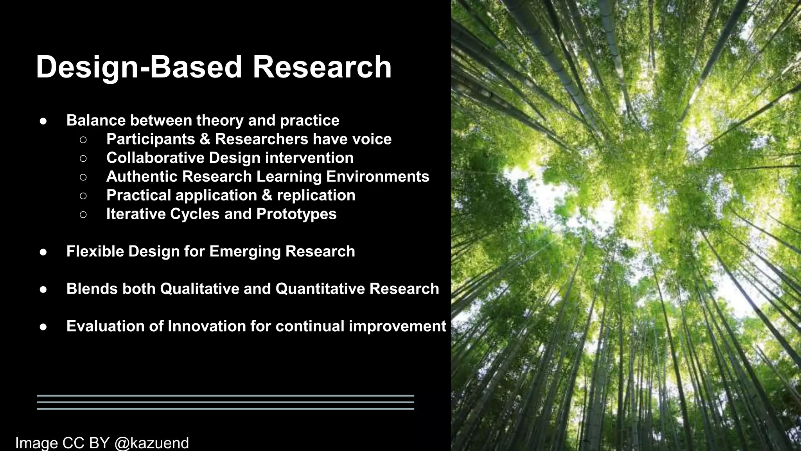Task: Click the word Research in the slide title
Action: (322, 67)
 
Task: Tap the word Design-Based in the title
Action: (139, 67)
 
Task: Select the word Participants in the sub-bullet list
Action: (151, 139)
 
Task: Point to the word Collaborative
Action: (155, 158)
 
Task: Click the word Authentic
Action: (141, 177)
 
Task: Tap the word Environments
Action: (377, 177)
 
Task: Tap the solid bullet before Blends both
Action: (43, 289)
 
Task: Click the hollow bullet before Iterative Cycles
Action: (83, 215)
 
